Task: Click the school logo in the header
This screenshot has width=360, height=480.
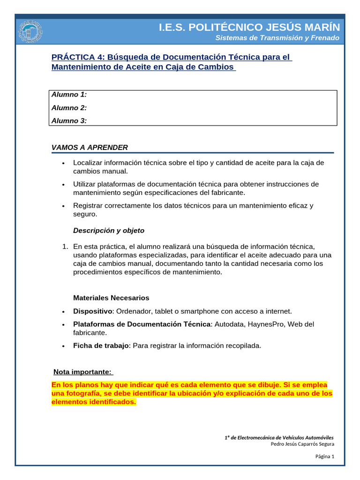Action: point(30,32)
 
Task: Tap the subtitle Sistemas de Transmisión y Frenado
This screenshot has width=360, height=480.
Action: point(277,38)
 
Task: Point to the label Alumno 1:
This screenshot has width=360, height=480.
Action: point(69,95)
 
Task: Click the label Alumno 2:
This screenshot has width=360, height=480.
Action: point(69,108)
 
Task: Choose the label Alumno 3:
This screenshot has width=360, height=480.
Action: point(69,121)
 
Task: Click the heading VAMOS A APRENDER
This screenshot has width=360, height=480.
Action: point(90,148)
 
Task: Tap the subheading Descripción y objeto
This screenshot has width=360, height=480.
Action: point(109,231)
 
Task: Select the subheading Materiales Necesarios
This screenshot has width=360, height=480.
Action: point(111,298)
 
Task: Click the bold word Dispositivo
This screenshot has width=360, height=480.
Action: point(93,311)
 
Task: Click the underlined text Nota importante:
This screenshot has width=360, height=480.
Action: point(82,372)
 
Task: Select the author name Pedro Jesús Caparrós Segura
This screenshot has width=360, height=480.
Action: point(302,444)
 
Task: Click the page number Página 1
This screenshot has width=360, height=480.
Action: point(324,457)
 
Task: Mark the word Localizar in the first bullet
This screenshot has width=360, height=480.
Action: point(88,163)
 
